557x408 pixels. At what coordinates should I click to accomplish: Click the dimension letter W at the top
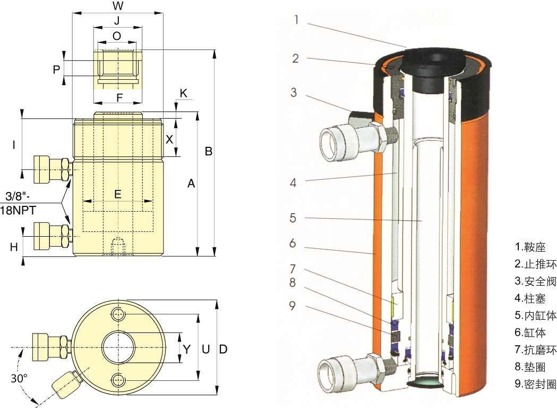[x=118, y=6]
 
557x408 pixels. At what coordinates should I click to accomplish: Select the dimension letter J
[x=117, y=21]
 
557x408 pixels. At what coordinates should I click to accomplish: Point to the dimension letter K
[x=183, y=94]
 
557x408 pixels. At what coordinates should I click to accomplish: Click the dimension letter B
[x=209, y=152]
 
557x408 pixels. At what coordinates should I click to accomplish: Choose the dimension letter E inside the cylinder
[x=117, y=194]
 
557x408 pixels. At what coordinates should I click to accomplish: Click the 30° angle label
[x=19, y=379]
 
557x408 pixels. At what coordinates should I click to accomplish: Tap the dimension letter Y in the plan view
[x=186, y=349]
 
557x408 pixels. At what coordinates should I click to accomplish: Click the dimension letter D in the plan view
[x=223, y=349]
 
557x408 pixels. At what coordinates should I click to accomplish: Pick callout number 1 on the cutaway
[x=297, y=20]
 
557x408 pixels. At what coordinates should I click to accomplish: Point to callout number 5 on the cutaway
[x=293, y=218]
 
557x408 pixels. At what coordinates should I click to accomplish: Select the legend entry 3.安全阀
[x=535, y=281]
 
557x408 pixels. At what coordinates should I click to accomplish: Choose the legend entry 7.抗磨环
[x=535, y=349]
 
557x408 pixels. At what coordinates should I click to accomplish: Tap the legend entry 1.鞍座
[x=530, y=247]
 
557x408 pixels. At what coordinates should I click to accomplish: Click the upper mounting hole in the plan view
[x=118, y=314]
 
